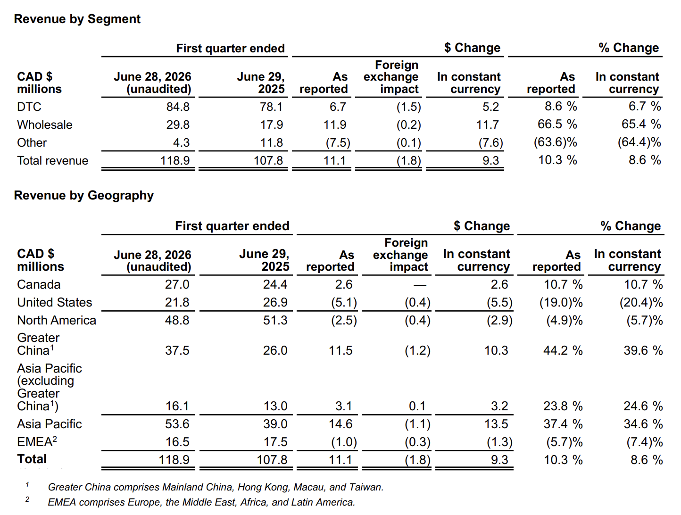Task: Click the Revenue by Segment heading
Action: (x=77, y=19)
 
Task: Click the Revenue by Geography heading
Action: (x=84, y=195)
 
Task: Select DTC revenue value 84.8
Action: (x=178, y=107)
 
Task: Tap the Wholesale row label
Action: (x=45, y=125)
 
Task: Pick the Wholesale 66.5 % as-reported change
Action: (x=557, y=124)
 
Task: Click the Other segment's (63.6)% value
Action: (x=556, y=142)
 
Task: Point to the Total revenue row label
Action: (x=53, y=161)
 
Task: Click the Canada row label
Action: (x=39, y=284)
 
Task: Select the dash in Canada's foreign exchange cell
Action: (x=420, y=285)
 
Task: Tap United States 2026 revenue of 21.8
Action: (x=177, y=302)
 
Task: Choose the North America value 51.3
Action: (x=275, y=321)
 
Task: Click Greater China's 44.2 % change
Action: (x=563, y=350)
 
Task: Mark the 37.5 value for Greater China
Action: (x=177, y=350)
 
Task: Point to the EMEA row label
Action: (x=37, y=441)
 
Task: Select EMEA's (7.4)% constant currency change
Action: (x=644, y=442)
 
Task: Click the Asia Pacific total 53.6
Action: (x=177, y=424)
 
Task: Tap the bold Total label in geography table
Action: (x=32, y=459)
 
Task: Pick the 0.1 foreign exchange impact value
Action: (x=417, y=406)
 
